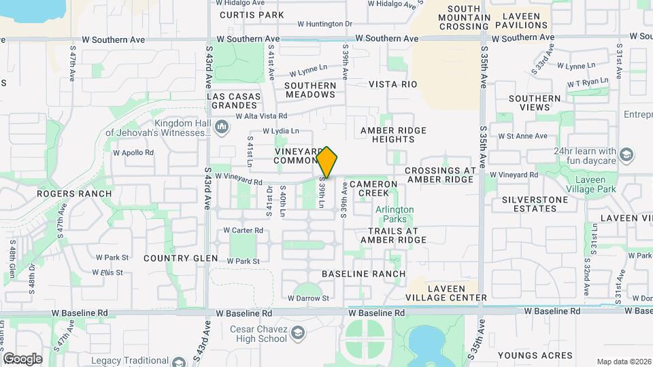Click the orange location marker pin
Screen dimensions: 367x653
click(x=327, y=162)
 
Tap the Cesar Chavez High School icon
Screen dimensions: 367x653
click(x=298, y=332)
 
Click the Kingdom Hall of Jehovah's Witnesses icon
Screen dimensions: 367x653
click(x=222, y=127)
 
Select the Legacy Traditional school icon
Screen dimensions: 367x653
click(x=179, y=362)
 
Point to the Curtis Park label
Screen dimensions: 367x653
click(x=242, y=14)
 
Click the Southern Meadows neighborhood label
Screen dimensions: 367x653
click(x=310, y=90)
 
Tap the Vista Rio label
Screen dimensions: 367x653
click(x=392, y=84)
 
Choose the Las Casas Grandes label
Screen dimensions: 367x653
click(x=235, y=101)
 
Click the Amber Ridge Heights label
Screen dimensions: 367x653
click(x=393, y=135)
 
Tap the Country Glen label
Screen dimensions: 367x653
click(x=181, y=258)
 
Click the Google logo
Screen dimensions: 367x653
click(x=22, y=358)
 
